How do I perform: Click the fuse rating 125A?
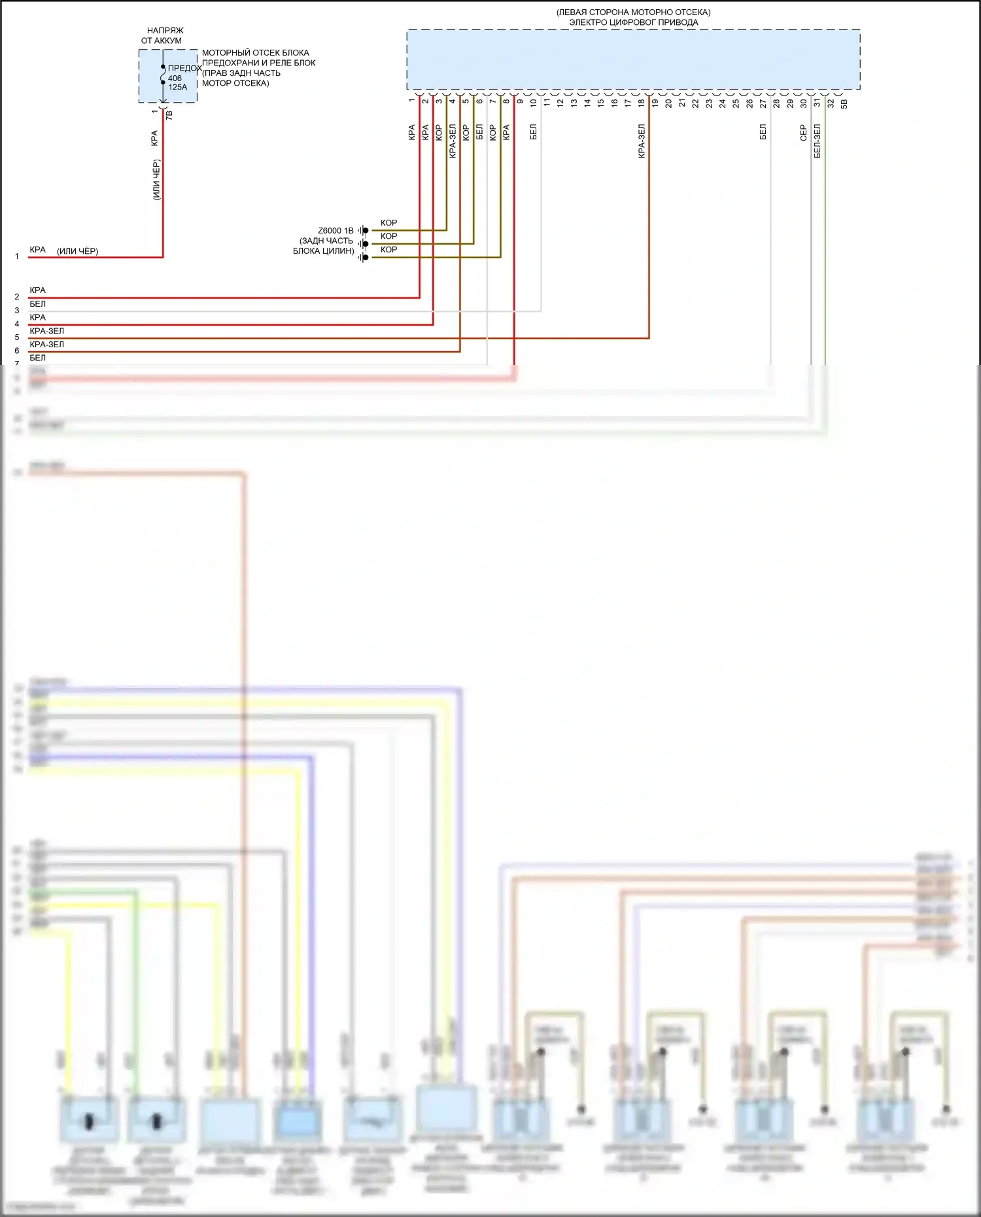[x=177, y=88]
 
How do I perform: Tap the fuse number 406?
[x=175, y=78]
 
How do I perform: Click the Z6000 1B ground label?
[x=336, y=231]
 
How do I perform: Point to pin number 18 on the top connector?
[x=642, y=102]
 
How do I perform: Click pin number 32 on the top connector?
[x=831, y=103]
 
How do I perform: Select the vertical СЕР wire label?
[x=803, y=133]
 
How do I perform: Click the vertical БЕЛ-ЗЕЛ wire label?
[x=817, y=141]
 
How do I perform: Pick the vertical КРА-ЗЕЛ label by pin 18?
[x=642, y=141]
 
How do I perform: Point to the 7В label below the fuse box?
[x=169, y=114]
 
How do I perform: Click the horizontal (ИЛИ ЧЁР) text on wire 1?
[x=77, y=251]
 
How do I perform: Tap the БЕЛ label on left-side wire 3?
[x=38, y=304]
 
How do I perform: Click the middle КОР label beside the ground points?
[x=388, y=236]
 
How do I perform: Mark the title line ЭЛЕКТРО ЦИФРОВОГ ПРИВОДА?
[x=633, y=22]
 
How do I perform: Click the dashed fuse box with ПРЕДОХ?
[x=167, y=76]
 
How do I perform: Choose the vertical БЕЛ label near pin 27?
[x=763, y=133]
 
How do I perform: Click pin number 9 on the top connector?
[x=520, y=101]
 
